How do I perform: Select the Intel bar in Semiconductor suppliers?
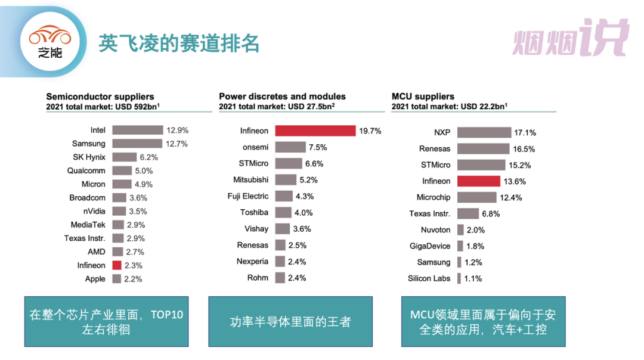point(137,130)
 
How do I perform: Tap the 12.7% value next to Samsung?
point(178,144)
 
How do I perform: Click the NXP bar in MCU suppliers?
point(484,132)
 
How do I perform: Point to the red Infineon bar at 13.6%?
point(479,181)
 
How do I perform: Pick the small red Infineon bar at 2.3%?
point(117,265)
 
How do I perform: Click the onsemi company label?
point(255,147)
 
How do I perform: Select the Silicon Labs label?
point(429,278)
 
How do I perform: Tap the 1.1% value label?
point(473,278)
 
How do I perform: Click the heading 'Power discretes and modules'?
point(282,97)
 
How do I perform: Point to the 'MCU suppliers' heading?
point(423,97)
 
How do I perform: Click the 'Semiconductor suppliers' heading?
point(100,97)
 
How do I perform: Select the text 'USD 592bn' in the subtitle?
point(136,107)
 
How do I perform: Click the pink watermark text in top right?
point(571,38)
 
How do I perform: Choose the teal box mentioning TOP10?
point(106,321)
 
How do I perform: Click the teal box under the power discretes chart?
point(290,321)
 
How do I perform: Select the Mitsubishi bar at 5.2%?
point(286,179)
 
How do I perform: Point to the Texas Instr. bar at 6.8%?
point(468,213)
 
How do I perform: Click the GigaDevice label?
point(429,246)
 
